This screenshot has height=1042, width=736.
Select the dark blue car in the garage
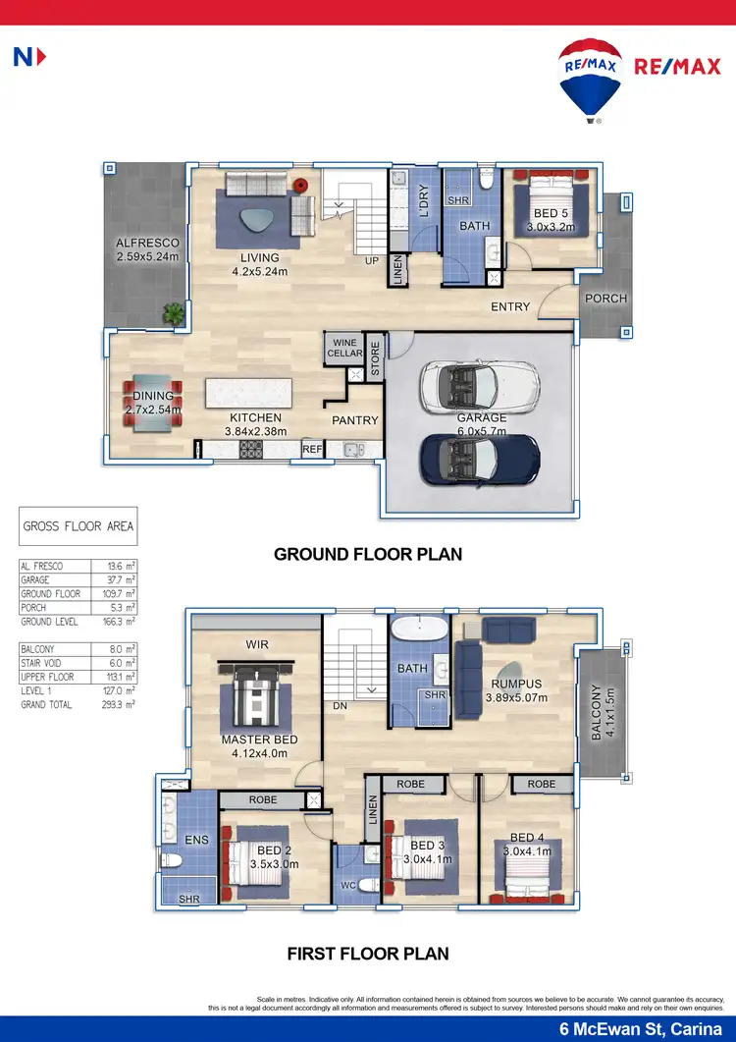point(479,458)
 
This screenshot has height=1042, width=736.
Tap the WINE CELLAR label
point(344,348)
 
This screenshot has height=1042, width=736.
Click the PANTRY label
point(354,420)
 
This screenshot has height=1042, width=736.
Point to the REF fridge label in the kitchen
point(312,449)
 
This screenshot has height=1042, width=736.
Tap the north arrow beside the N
point(40,58)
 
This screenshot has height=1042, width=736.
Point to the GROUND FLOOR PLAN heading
point(368,555)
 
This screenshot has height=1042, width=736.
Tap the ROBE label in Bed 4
point(541,784)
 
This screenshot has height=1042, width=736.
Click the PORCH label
point(605,299)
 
